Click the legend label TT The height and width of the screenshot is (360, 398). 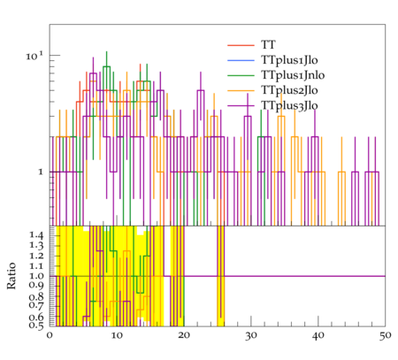[x=268, y=45]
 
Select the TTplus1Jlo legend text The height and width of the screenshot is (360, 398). [x=289, y=60]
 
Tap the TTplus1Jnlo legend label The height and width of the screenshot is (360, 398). [x=293, y=75]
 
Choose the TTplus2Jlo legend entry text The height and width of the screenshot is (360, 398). [x=289, y=90]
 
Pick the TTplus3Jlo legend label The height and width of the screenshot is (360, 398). [x=289, y=105]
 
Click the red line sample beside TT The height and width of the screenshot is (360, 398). [x=241, y=45]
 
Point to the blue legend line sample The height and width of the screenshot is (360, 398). [x=241, y=60]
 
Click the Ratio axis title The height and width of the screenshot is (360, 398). [x=11, y=276]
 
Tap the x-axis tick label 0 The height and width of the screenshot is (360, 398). [x=50, y=335]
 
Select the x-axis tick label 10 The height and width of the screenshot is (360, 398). [x=117, y=335]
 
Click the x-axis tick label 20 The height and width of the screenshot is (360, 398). [x=184, y=335]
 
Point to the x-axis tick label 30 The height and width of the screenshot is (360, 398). [x=251, y=335]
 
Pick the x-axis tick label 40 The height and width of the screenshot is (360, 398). [x=318, y=335]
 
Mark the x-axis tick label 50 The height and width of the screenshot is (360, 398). [x=385, y=335]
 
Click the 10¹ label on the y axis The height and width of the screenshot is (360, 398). [x=34, y=56]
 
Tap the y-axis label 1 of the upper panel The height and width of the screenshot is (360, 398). [x=41, y=172]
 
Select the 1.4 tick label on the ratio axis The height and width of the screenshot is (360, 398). [x=36, y=235]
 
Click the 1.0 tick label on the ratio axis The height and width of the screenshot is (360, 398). [x=36, y=276]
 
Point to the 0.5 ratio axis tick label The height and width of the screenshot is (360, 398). [x=36, y=326]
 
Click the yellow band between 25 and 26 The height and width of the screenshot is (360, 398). [x=221, y=276]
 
